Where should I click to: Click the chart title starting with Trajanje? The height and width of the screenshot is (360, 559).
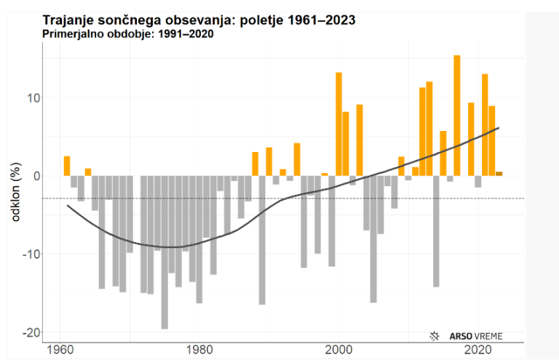click(x=199, y=20)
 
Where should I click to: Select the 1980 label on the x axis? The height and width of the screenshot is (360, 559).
click(x=199, y=348)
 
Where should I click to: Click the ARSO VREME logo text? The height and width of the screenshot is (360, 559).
click(x=474, y=336)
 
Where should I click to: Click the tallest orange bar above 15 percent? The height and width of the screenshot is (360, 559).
click(x=457, y=115)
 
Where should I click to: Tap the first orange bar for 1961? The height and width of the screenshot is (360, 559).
click(x=67, y=166)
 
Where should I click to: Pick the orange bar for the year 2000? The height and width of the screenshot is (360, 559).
click(x=338, y=124)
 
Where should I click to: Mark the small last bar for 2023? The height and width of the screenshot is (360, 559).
click(x=499, y=174)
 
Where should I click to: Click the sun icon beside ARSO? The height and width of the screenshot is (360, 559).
click(x=435, y=336)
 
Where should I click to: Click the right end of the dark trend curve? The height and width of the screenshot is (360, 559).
click(x=499, y=128)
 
